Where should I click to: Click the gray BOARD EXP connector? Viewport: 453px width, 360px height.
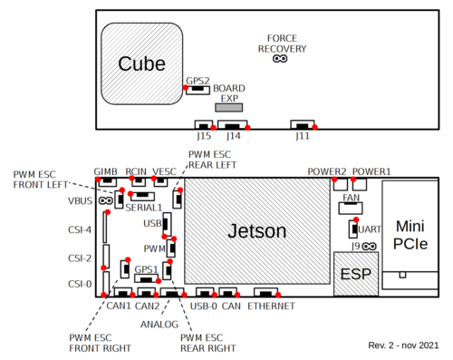click(228, 107)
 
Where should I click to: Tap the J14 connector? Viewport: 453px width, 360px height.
click(233, 125)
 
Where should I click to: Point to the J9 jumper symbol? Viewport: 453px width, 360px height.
click(371, 246)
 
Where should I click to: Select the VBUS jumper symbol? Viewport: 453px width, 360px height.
click(107, 200)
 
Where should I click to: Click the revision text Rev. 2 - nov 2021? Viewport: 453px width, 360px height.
click(403, 345)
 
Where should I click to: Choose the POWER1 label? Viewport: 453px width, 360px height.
click(371, 171)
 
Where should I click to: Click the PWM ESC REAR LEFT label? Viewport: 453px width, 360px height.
click(212, 160)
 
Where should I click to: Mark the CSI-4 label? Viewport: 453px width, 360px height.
click(80, 230)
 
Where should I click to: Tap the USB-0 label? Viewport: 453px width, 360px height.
click(203, 306)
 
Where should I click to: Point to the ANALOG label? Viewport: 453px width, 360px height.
click(159, 322)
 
